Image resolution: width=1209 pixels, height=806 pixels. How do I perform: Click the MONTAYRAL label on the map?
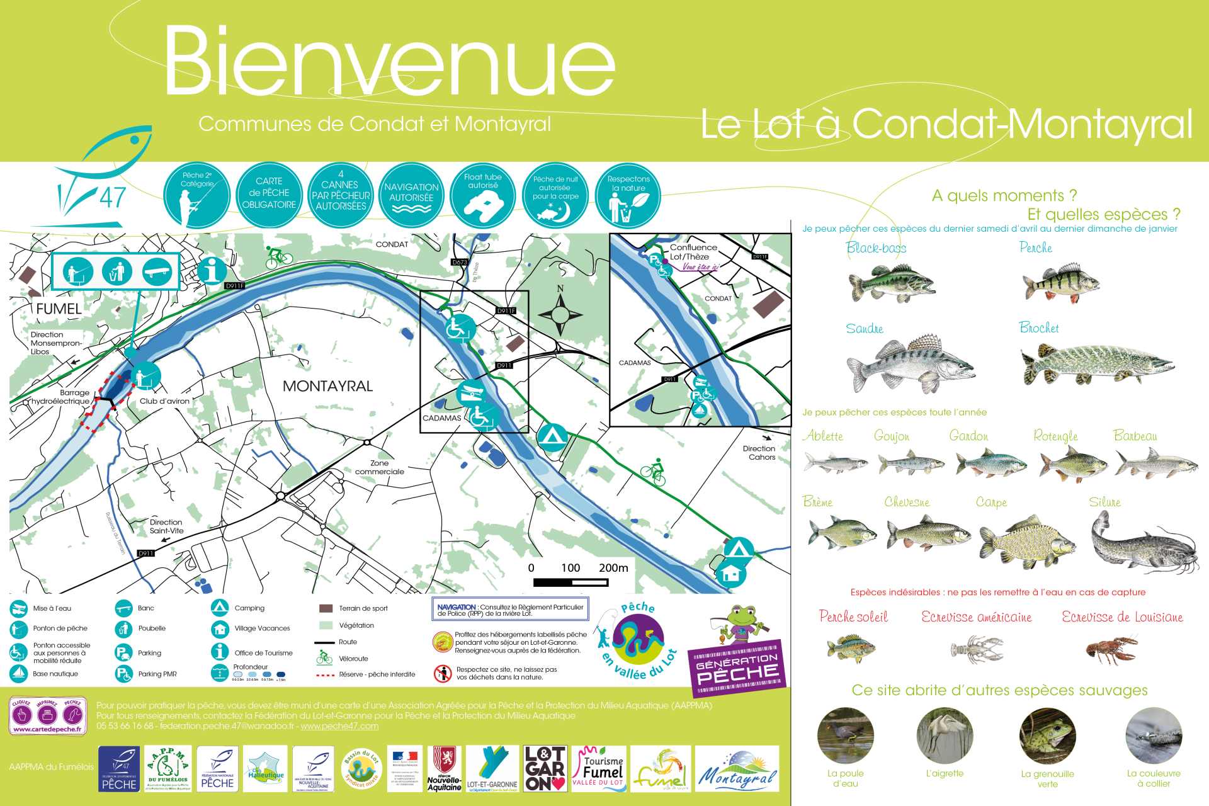[327, 386]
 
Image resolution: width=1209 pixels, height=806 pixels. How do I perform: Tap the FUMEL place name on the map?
[59, 309]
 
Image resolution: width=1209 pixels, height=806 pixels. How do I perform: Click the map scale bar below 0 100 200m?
[570, 582]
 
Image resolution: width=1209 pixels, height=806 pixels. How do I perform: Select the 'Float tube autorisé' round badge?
[483, 195]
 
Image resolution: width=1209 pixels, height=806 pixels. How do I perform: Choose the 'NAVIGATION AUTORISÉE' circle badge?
[411, 195]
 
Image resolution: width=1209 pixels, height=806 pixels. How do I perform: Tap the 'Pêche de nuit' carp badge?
[555, 195]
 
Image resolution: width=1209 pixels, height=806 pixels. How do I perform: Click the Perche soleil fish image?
[851, 649]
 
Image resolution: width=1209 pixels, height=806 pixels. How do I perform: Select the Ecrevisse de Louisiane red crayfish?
[1111, 650]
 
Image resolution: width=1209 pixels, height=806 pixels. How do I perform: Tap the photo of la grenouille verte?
[1047, 735]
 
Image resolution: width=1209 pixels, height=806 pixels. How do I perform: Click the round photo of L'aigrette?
[945, 735]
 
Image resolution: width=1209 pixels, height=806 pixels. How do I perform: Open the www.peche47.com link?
[339, 726]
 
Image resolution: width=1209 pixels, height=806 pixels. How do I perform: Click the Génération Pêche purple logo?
[737, 667]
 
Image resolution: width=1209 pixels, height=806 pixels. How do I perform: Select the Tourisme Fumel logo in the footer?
[598, 769]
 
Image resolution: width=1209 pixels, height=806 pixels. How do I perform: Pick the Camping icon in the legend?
[220, 608]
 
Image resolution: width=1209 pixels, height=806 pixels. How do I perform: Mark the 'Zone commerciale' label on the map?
[379, 467]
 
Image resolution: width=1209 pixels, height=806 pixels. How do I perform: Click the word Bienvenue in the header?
[389, 61]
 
